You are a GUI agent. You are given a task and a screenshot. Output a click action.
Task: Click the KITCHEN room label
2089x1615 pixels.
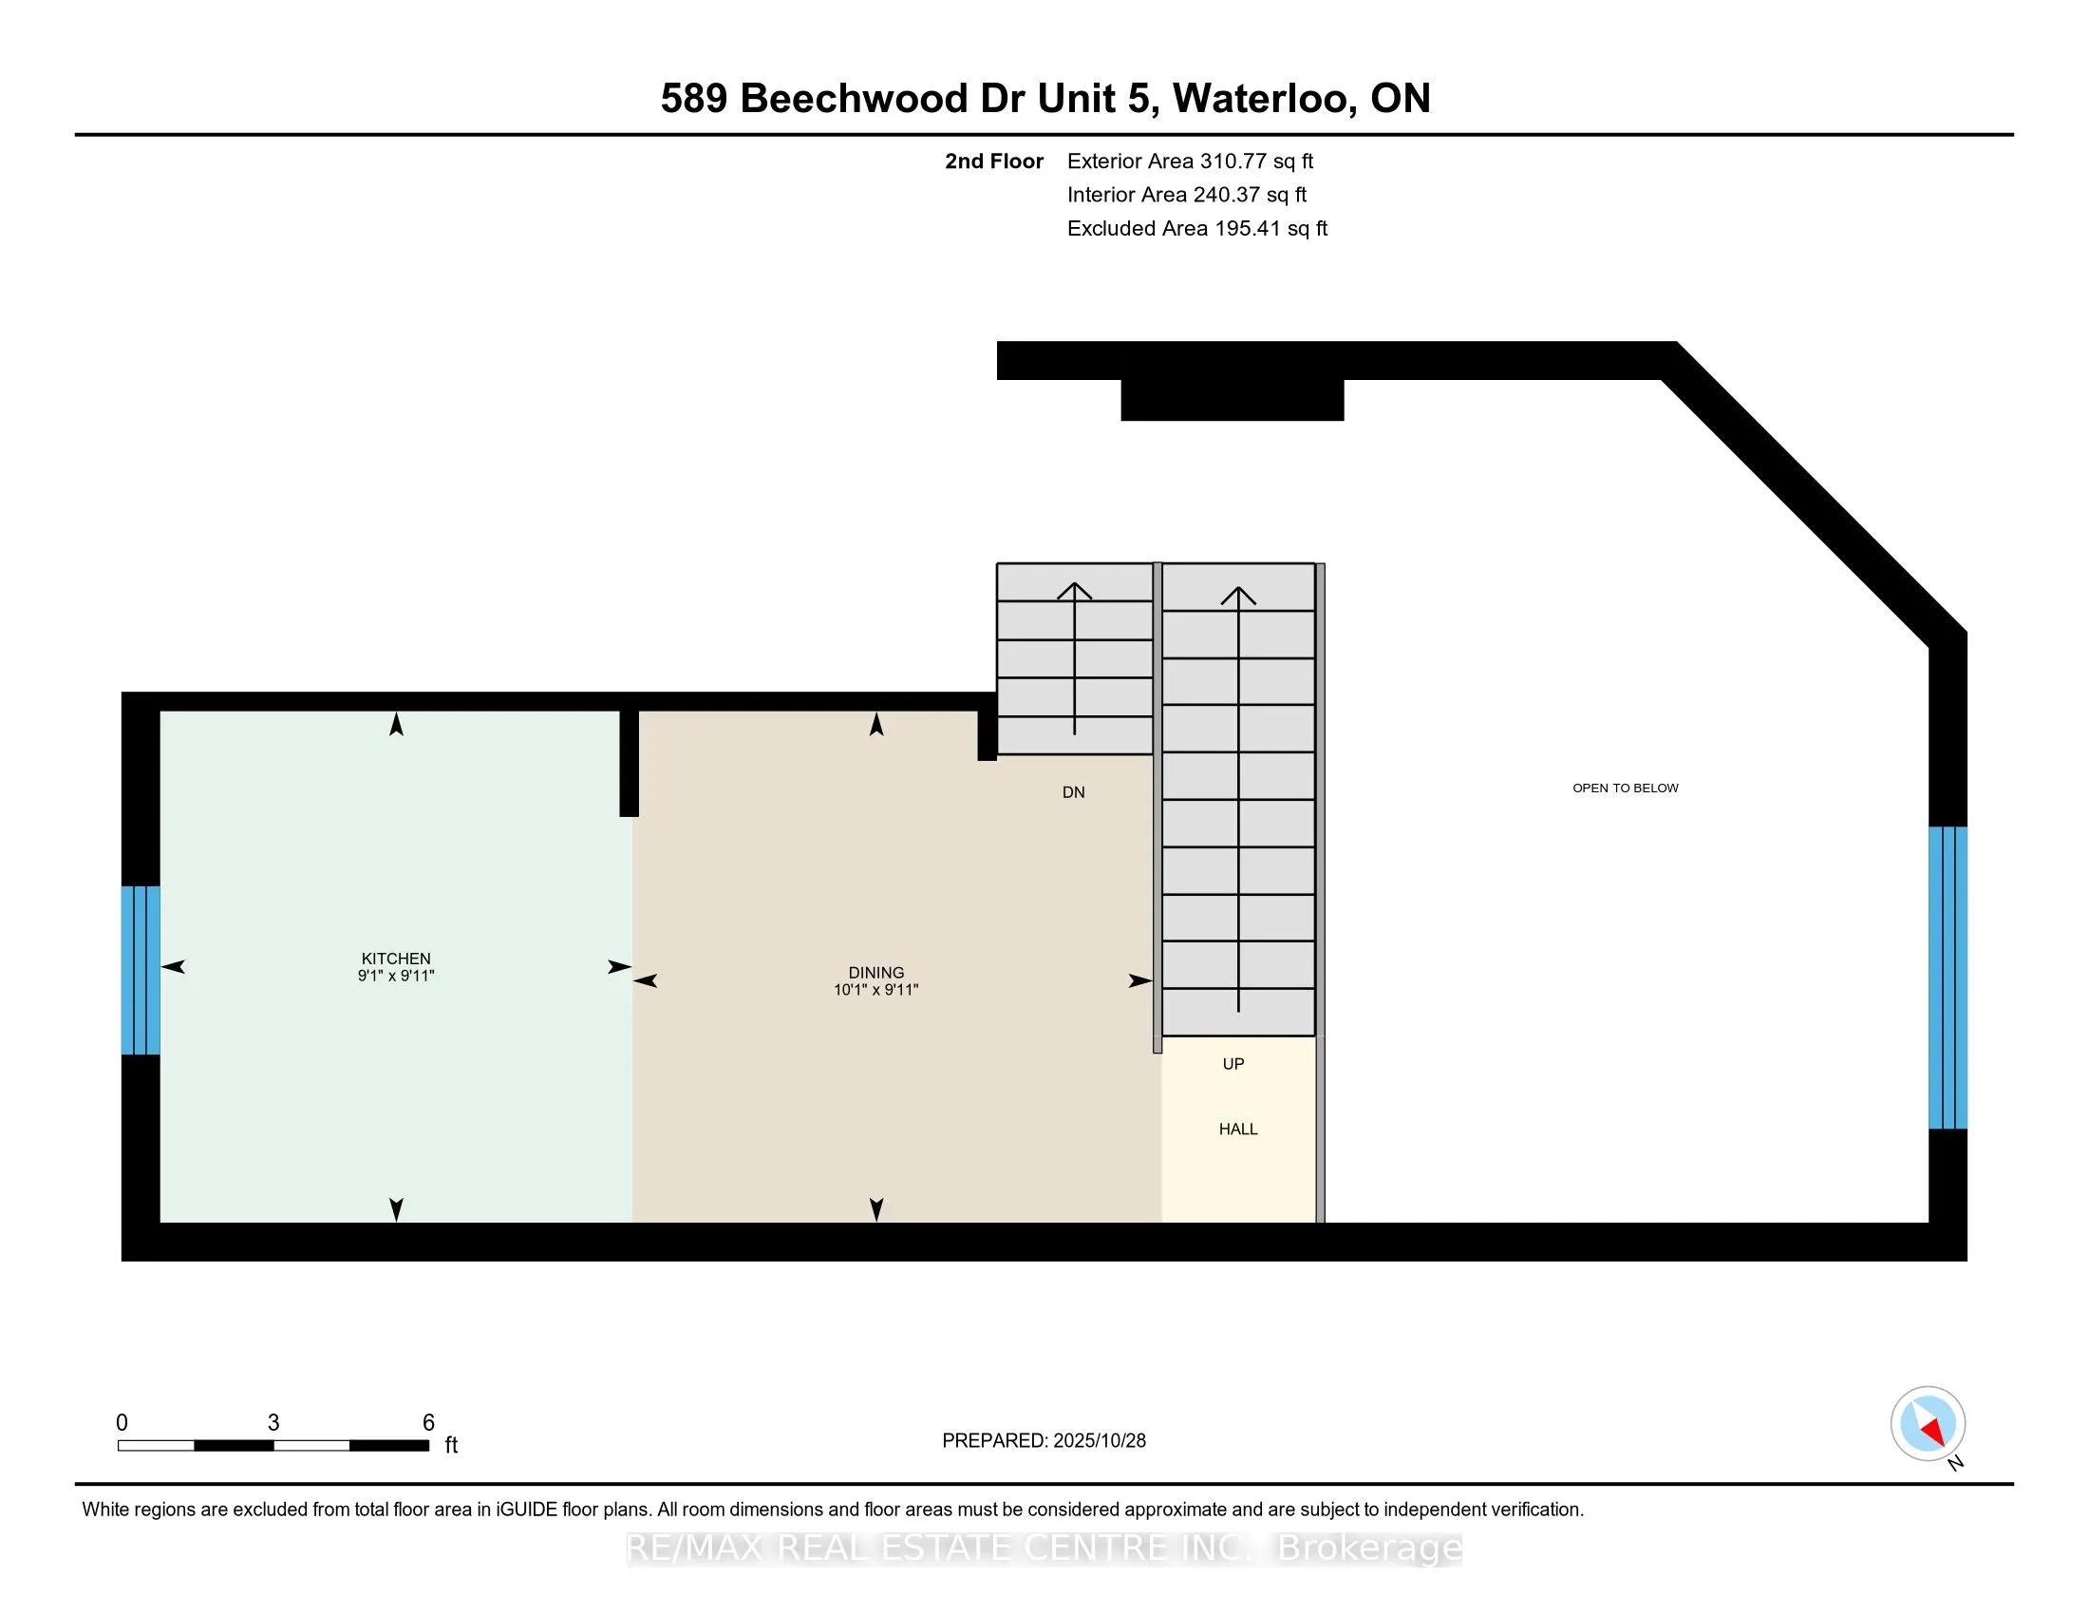[396, 958]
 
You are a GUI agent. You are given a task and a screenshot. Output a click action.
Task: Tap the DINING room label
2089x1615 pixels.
[875, 972]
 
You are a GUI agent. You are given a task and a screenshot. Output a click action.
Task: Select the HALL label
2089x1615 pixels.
[1237, 1129]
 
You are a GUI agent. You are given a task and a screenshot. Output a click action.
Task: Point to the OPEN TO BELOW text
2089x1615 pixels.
[1625, 788]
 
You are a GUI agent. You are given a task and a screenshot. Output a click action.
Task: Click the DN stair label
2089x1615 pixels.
[1073, 792]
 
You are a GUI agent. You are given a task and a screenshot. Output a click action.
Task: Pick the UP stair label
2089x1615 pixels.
[1233, 1064]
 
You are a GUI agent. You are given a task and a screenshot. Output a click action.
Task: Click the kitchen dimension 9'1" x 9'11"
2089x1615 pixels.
[396, 976]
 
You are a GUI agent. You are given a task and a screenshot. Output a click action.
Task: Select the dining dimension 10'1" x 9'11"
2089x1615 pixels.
[875, 990]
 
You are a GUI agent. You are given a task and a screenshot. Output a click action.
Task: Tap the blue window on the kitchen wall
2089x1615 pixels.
[141, 970]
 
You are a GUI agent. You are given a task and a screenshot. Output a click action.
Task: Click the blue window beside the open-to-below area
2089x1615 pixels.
[1948, 977]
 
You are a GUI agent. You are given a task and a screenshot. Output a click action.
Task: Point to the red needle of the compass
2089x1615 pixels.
[1933, 1433]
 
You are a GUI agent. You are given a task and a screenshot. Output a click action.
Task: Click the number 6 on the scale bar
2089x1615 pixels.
[428, 1423]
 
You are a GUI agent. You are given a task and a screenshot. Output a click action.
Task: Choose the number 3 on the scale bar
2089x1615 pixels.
[273, 1423]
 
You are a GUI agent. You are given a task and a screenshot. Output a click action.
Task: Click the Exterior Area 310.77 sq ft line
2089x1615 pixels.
[1190, 161]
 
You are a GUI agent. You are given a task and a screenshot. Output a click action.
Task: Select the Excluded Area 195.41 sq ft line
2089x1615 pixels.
[1196, 229]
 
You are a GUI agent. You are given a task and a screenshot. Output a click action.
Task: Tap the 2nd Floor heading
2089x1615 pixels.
[994, 161]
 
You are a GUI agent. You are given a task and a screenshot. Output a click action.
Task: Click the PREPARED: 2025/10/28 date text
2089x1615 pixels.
[1044, 1441]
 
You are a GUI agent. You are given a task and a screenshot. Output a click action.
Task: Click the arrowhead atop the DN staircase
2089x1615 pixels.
[1074, 591]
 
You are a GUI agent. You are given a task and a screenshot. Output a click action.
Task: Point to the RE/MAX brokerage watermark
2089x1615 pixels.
[1044, 1548]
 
